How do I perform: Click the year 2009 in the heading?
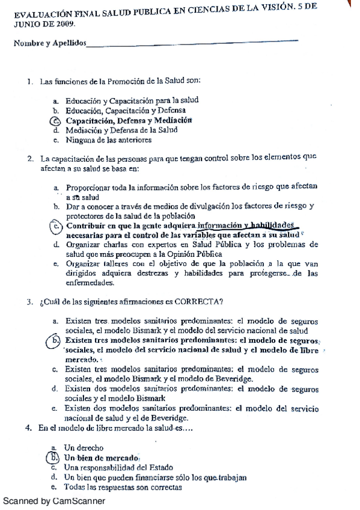coord(65,23)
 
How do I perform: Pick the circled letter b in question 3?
coord(55,340)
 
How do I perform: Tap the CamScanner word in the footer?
coord(79,500)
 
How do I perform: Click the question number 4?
coord(28,428)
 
